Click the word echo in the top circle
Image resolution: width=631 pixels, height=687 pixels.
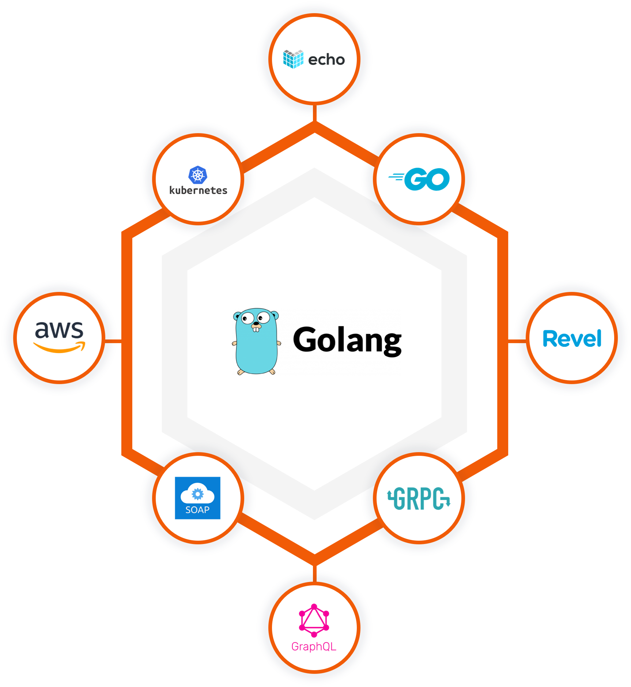coord(326,60)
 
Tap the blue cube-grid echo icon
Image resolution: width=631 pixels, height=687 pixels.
coord(293,59)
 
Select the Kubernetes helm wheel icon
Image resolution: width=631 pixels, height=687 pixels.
coord(198,175)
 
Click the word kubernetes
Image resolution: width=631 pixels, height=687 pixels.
coord(198,191)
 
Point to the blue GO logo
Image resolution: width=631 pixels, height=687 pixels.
coord(420,179)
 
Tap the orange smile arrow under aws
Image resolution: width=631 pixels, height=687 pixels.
coord(59,348)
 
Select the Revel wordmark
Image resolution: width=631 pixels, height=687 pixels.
coord(572,339)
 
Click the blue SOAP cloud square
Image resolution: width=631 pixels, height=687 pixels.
coord(197,498)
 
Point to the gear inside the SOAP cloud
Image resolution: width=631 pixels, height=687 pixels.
coord(197,494)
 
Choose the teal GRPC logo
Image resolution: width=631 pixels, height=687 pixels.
coord(419,499)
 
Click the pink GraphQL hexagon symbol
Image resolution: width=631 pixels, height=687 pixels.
coord(314,621)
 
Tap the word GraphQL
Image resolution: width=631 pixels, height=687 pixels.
coord(314,647)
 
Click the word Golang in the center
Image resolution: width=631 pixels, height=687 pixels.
coord(347,341)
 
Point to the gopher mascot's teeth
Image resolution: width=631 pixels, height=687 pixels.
coord(256,329)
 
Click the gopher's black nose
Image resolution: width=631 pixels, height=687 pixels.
coord(256,323)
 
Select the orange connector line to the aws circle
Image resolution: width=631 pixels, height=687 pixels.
coord(113,341)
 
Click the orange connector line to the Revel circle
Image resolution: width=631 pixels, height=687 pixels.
coord(517,341)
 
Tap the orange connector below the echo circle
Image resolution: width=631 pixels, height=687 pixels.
coord(314,113)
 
